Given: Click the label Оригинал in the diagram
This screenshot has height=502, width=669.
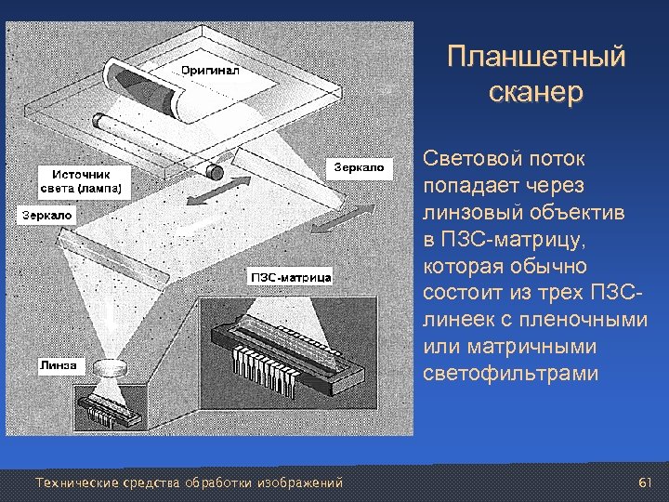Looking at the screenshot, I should pos(210,71).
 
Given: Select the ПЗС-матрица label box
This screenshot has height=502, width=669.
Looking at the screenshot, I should pos(290,277).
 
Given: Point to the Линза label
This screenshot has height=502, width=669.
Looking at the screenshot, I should pos(58,364).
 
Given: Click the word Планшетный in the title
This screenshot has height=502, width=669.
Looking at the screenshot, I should pos(535,57).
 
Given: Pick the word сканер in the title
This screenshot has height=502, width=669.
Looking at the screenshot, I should pos(535,92).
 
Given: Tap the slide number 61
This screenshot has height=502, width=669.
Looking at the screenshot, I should pos(647,482).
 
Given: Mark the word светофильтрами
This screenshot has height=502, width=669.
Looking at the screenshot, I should pos(511,374).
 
